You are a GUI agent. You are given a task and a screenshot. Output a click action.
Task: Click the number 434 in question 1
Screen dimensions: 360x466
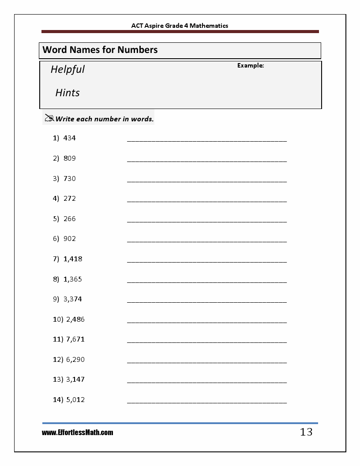pyautogui.click(x=70, y=138)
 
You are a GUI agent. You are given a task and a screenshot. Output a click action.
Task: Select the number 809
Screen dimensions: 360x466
pyautogui.click(x=70, y=158)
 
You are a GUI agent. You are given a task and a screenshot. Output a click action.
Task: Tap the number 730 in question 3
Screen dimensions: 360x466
pyautogui.click(x=70, y=179)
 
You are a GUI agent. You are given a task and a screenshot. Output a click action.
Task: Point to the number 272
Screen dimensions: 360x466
pyautogui.click(x=70, y=199)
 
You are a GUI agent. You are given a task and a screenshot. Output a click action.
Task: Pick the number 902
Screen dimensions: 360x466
pyautogui.click(x=70, y=239)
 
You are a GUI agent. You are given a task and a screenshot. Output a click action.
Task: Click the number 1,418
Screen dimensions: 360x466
pyautogui.click(x=73, y=259)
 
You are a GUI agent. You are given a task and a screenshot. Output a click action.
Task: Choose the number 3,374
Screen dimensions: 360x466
pyautogui.click(x=73, y=299)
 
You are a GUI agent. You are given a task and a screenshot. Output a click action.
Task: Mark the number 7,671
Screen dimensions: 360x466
pyautogui.click(x=75, y=339)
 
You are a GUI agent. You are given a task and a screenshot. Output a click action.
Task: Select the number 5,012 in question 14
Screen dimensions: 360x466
pyautogui.click(x=75, y=400)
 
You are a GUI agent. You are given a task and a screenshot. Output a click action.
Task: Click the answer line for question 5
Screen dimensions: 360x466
pyautogui.click(x=206, y=221)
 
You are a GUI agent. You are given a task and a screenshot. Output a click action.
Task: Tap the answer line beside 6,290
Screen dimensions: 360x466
pyautogui.click(x=206, y=361)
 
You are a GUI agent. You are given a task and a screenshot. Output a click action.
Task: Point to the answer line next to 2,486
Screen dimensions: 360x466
pyautogui.click(x=206, y=321)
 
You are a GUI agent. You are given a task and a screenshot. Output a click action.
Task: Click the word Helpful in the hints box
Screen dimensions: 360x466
pyautogui.click(x=67, y=70)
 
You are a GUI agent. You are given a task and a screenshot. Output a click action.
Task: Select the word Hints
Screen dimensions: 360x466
pyautogui.click(x=67, y=93)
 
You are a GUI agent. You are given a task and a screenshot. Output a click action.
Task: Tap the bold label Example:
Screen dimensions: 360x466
pyautogui.click(x=251, y=66)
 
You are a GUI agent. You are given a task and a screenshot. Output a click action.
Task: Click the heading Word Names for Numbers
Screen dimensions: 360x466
pyautogui.click(x=100, y=50)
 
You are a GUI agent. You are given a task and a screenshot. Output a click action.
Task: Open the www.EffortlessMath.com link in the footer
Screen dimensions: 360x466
pyautogui.click(x=78, y=433)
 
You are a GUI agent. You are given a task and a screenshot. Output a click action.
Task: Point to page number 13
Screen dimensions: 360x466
pyautogui.click(x=306, y=432)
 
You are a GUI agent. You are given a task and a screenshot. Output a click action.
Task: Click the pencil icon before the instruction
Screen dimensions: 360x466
pyautogui.click(x=49, y=118)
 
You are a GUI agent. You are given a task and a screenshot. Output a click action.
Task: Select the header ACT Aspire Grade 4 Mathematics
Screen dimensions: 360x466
pyautogui.click(x=180, y=26)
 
